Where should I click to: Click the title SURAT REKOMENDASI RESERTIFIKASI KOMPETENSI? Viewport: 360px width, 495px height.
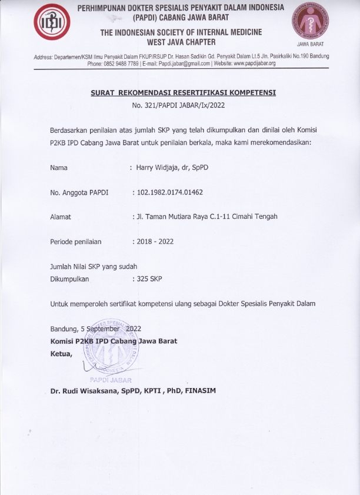pyautogui.click(x=183, y=93)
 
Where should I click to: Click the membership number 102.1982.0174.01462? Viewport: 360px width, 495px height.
pyautogui.click(x=175, y=192)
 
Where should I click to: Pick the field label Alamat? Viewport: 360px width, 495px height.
pyautogui.click(x=61, y=216)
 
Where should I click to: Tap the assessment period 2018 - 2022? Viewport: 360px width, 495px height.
pyautogui.click(x=155, y=241)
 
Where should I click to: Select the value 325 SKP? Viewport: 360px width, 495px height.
pyautogui.click(x=149, y=279)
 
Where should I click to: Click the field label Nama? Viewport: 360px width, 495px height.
pyautogui.click(x=59, y=168)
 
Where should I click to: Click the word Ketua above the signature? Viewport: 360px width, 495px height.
pyautogui.click(x=61, y=354)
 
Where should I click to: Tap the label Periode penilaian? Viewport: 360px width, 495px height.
pyautogui.click(x=76, y=241)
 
